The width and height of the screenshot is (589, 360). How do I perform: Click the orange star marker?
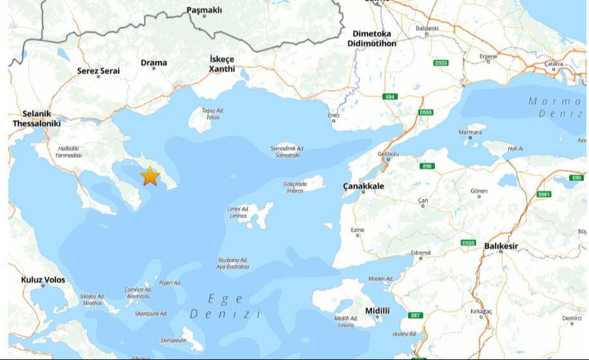pos(149,176)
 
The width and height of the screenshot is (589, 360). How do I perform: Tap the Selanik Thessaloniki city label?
pos(37,119)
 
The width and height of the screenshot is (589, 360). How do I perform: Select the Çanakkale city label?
pos(363,186)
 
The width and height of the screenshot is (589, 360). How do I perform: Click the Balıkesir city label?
pos(501,245)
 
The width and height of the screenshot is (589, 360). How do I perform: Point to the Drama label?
pos(154,63)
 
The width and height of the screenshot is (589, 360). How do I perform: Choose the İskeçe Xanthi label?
pos(223,64)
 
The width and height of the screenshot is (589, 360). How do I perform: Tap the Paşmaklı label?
pos(204,10)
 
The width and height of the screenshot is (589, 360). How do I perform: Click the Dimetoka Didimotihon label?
pos(371,39)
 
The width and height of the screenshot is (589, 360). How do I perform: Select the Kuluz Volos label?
pos(43,280)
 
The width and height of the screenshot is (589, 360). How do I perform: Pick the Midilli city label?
pos(377,311)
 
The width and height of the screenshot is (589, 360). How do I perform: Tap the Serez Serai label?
pos(98,71)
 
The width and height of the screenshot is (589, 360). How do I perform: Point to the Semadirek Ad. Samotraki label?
pos(287,151)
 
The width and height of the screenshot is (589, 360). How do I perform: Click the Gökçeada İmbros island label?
pos(295,187)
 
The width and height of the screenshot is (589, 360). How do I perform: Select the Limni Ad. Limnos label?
pos(237,212)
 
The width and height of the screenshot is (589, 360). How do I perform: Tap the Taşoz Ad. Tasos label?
pos(212,114)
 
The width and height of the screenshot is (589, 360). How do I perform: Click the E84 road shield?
pos(390,97)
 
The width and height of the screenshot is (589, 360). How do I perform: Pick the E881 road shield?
pos(544,194)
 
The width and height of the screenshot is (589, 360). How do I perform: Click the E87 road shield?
pos(416,315)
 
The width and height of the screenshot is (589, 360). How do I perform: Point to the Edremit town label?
pos(421,252)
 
